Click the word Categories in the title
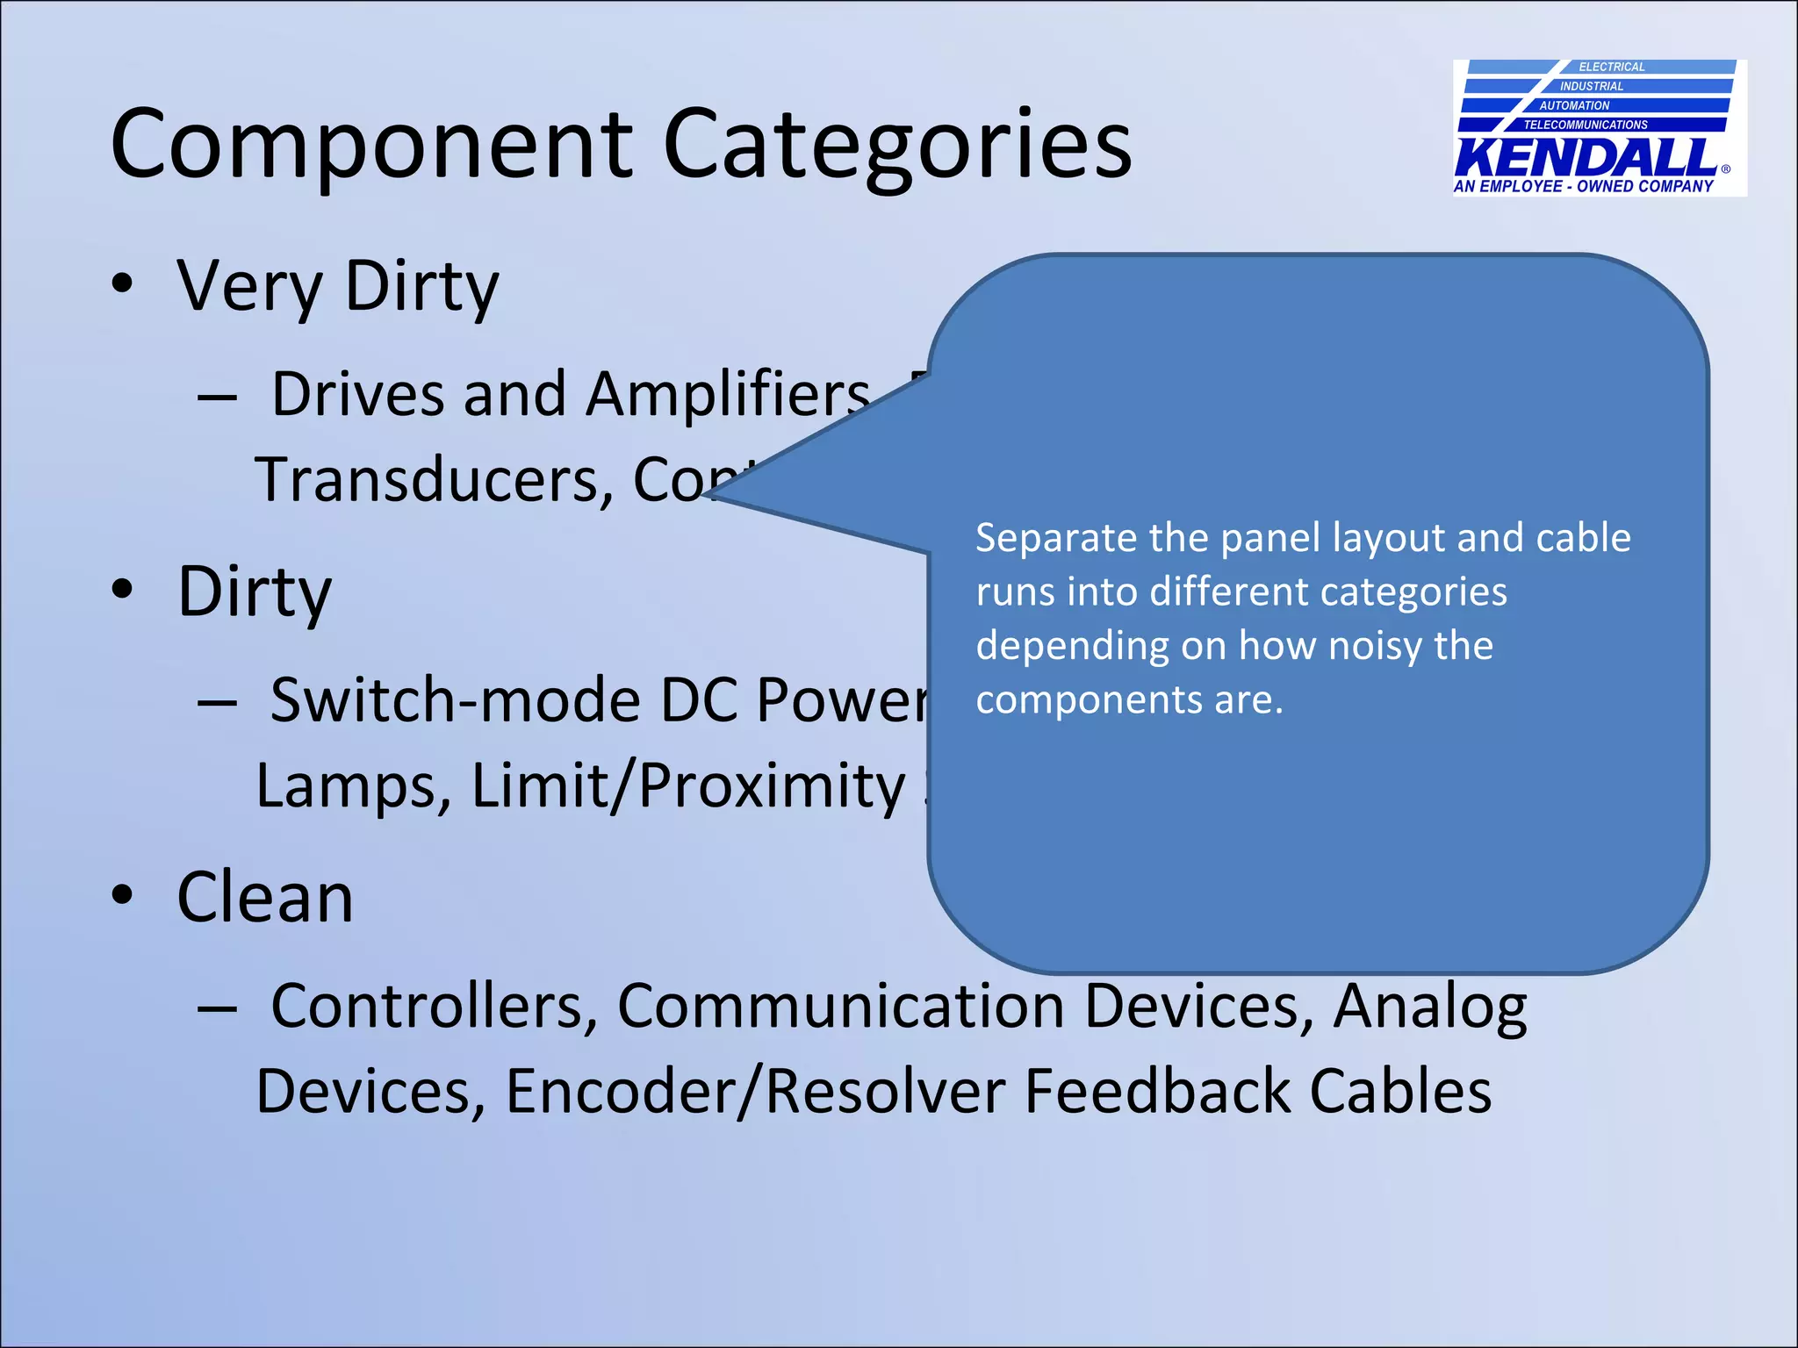[896, 145]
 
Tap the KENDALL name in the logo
[1586, 158]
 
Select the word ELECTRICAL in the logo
[1611, 67]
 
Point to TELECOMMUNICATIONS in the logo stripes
[1586, 125]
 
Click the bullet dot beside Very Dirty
[122, 284]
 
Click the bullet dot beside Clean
[122, 895]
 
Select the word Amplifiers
[729, 394]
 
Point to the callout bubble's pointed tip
[713, 497]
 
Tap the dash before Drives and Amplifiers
[217, 398]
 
